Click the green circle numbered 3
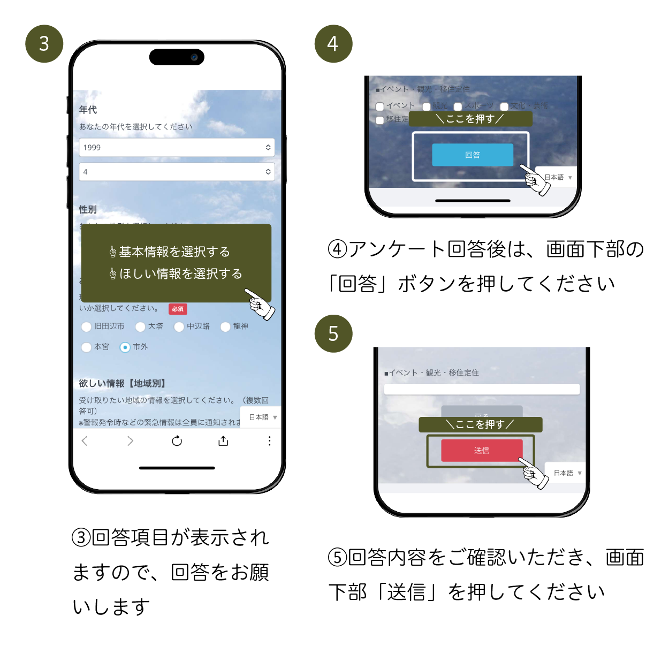click(x=44, y=44)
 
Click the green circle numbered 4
click(x=333, y=44)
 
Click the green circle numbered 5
click(x=333, y=333)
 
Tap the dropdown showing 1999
click(x=177, y=148)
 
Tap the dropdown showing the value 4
click(x=177, y=172)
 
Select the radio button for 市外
click(x=125, y=347)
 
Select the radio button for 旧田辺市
click(x=86, y=326)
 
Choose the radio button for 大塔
click(x=140, y=326)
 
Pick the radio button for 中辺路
click(x=179, y=326)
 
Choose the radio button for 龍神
click(x=225, y=326)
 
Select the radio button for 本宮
click(x=86, y=347)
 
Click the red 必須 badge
click(x=178, y=309)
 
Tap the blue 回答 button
click(x=473, y=155)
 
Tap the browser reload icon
click(x=177, y=441)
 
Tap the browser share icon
click(x=223, y=441)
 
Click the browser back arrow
click(x=85, y=441)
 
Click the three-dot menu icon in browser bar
click(x=269, y=441)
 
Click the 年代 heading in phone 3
click(x=88, y=110)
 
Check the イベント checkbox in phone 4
click(x=380, y=107)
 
